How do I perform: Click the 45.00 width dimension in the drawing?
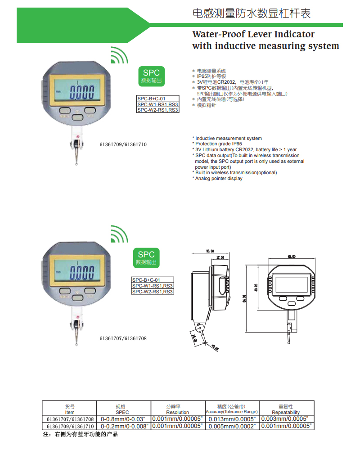(291, 256)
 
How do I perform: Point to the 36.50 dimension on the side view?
(210, 251)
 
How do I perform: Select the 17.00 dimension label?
(220, 257)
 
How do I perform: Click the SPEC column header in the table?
(122, 412)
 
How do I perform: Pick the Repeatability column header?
(286, 412)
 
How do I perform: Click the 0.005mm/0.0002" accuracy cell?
(233, 426)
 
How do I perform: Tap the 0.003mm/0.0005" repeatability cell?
(287, 419)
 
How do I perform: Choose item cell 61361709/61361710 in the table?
(70, 426)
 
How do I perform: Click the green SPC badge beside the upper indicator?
(151, 76)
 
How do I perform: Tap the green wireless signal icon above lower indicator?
(119, 234)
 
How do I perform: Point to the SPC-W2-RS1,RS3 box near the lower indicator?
(153, 292)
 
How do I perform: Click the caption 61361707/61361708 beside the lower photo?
(123, 338)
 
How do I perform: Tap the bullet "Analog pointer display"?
(219, 179)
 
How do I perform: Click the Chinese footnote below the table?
(80, 435)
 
